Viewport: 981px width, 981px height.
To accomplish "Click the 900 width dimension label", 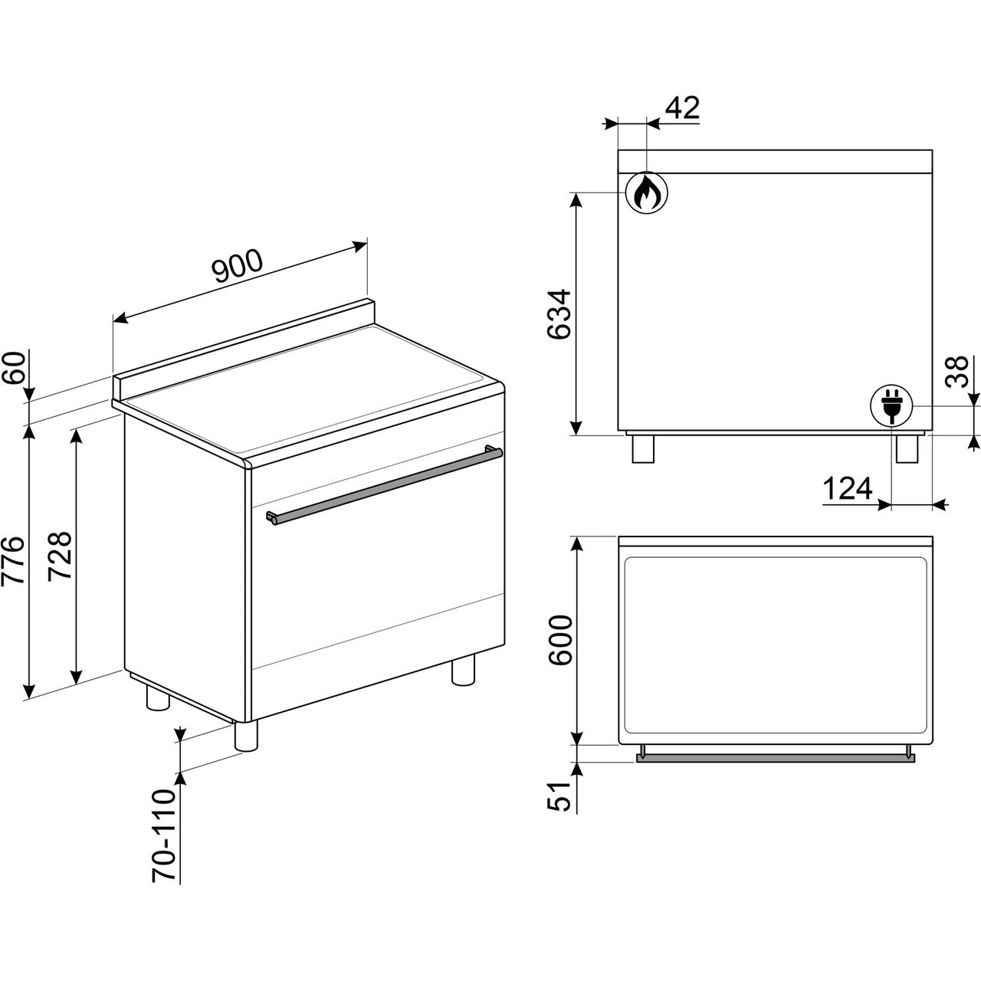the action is tap(238, 265).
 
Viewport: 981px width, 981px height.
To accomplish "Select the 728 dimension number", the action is tap(60, 556).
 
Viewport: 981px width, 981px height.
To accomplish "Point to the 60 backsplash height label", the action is tap(14, 369).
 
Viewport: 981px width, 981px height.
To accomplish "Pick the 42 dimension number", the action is tap(683, 107).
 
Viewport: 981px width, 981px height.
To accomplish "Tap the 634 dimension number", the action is tap(559, 314).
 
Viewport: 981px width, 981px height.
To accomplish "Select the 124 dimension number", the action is tap(848, 488).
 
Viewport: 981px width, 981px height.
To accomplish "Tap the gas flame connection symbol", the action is tap(647, 192).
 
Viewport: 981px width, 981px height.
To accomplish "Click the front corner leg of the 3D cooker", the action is tap(246, 735).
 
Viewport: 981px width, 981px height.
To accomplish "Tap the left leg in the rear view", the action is tap(643, 448).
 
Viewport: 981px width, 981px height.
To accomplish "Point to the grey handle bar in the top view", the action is tap(776, 758).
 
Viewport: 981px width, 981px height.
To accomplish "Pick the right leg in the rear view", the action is tap(907, 448).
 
